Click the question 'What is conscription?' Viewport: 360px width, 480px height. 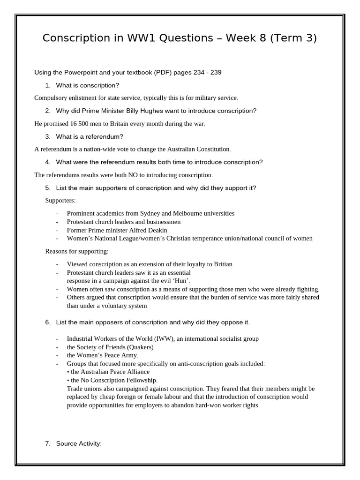point(88,85)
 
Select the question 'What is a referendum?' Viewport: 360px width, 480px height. point(90,136)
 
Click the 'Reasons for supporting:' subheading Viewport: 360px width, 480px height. point(77,251)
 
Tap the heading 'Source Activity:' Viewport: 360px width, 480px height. point(78,443)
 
